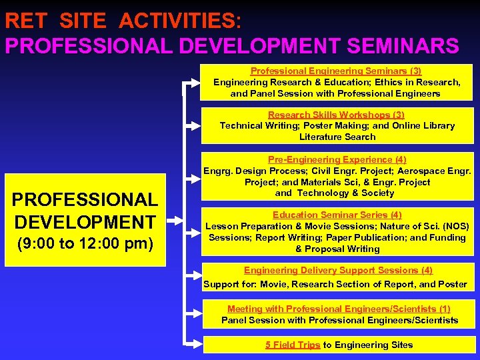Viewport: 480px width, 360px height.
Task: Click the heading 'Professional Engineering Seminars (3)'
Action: coord(336,71)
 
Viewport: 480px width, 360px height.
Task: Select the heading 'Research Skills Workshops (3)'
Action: coord(336,115)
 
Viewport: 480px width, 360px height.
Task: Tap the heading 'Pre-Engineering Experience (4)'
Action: coord(337,159)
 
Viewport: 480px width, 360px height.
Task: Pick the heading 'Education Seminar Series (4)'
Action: coord(337,215)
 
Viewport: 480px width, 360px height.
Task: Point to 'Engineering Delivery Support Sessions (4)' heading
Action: coord(338,270)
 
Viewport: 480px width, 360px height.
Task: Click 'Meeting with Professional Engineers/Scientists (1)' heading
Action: coord(339,309)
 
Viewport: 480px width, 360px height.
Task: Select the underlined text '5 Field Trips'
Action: coord(293,345)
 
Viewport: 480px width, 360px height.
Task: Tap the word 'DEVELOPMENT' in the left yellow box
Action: coord(85,222)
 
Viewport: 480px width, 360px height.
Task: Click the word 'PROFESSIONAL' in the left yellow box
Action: coord(85,199)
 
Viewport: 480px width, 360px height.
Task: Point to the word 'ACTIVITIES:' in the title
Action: coord(180,21)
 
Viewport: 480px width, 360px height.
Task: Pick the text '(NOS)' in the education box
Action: coord(451,226)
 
